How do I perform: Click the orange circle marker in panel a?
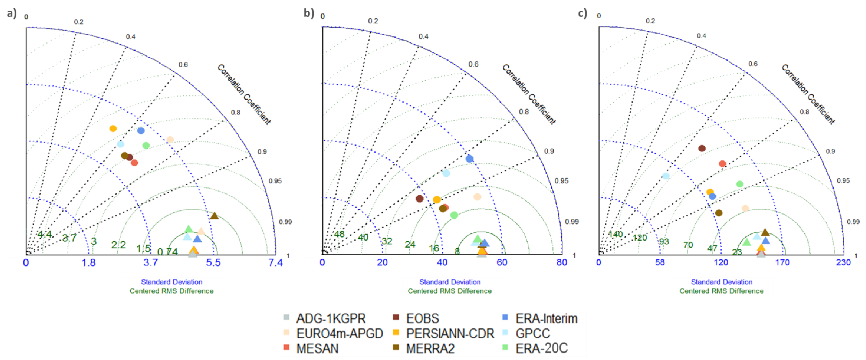(113, 128)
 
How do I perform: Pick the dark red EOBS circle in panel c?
(702, 148)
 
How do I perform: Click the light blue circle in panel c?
(666, 176)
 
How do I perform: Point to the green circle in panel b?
(454, 215)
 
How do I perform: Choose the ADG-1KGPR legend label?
(330, 318)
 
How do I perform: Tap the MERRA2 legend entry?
(430, 348)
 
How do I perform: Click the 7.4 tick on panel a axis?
(275, 262)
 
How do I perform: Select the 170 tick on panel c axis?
(782, 262)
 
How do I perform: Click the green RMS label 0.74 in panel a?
(167, 251)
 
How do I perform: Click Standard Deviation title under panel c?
(721, 282)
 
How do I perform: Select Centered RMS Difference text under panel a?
(171, 291)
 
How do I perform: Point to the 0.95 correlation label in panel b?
(561, 181)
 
